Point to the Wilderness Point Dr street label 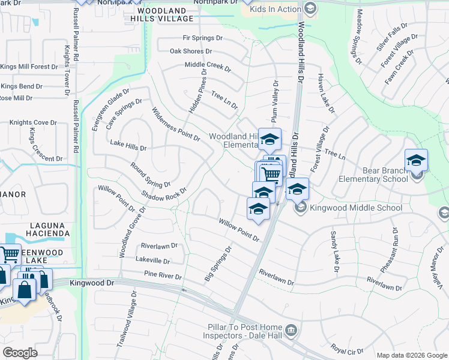coord(175,124)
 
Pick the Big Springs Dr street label coord(218,263)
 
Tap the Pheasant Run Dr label coord(389,250)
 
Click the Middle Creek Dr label coord(208,66)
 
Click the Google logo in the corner coord(20,352)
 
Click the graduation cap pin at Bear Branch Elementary coord(416,161)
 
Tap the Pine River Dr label coord(162,275)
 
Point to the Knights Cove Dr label coord(32,123)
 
